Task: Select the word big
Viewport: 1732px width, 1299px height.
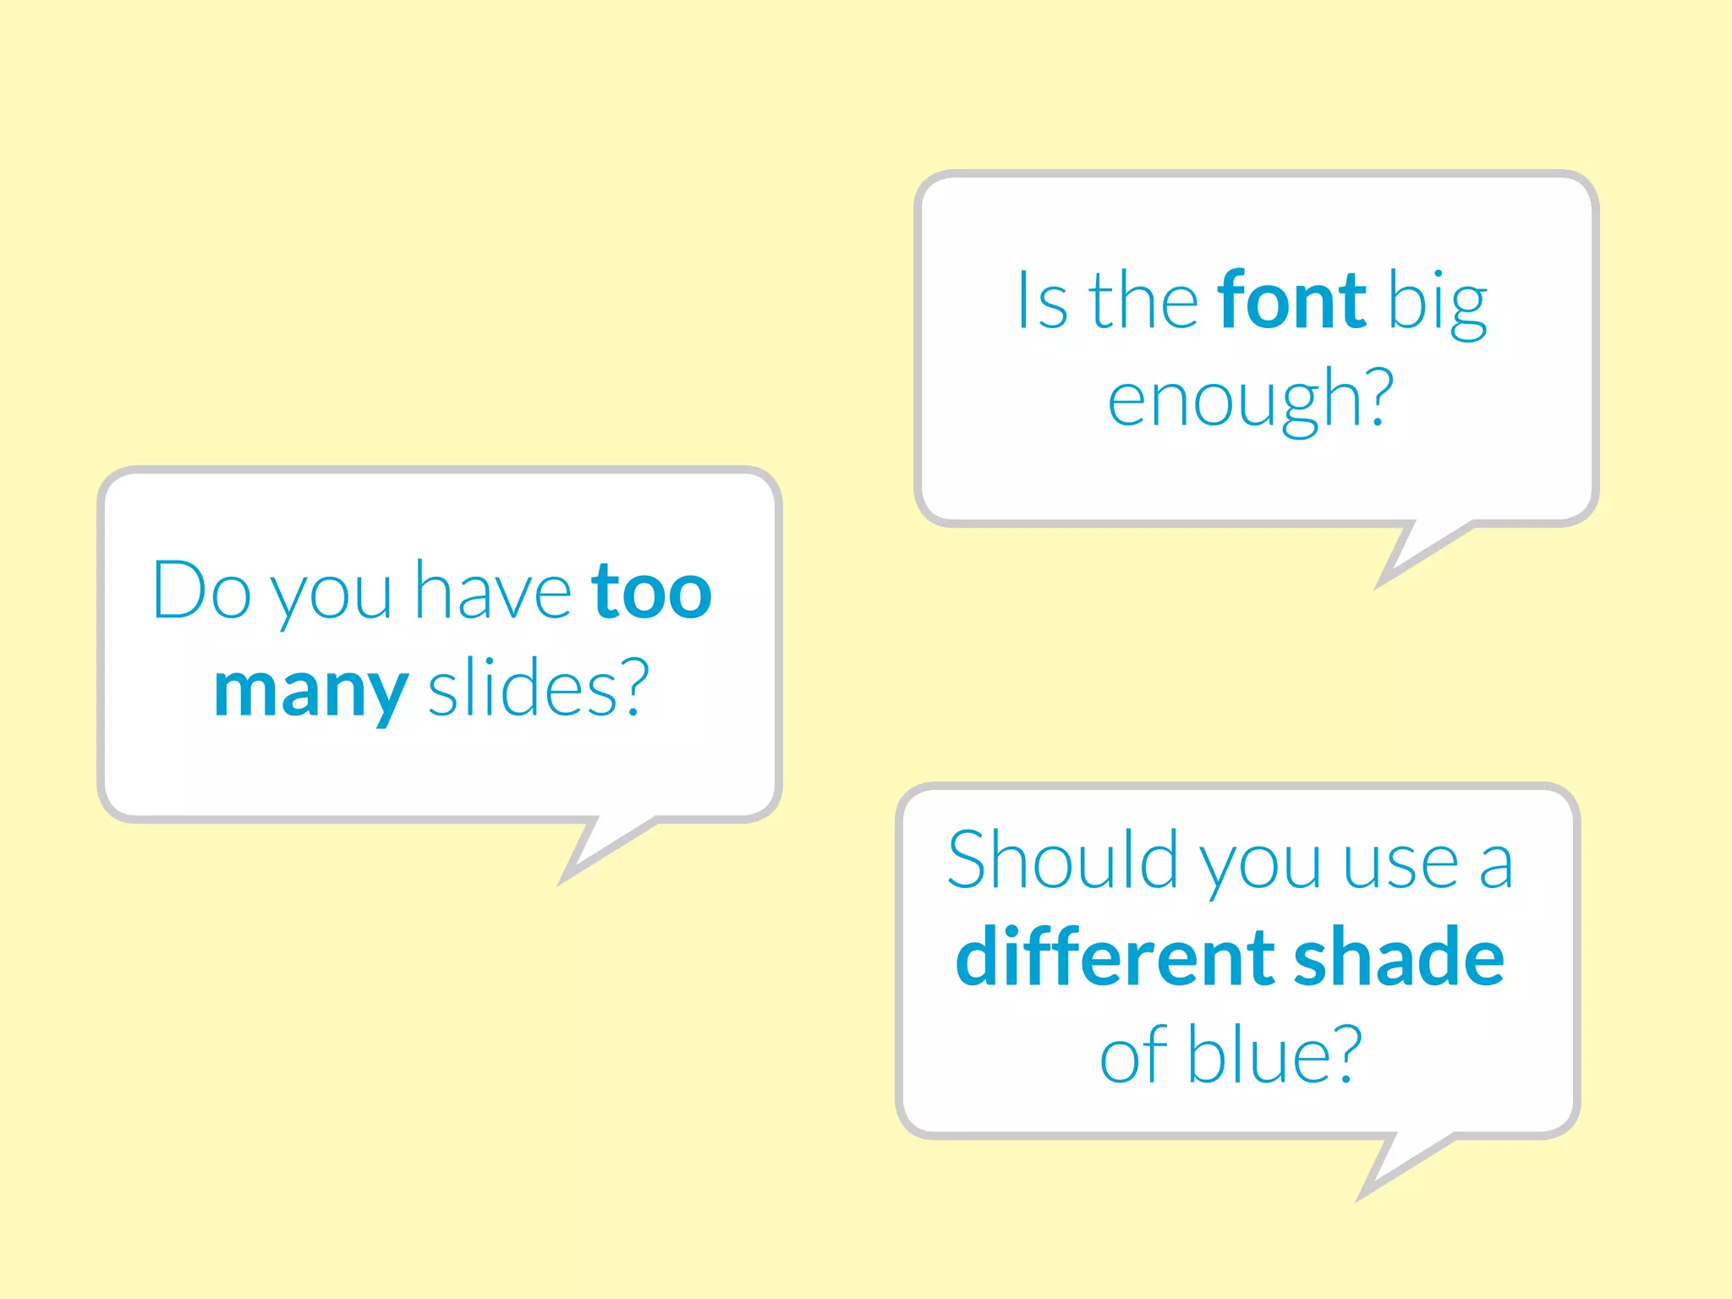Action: point(1438,304)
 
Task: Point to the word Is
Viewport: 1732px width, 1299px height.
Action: point(1042,301)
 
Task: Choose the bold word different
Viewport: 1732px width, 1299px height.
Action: point(1111,957)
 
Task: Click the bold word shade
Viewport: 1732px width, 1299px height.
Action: point(1399,957)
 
